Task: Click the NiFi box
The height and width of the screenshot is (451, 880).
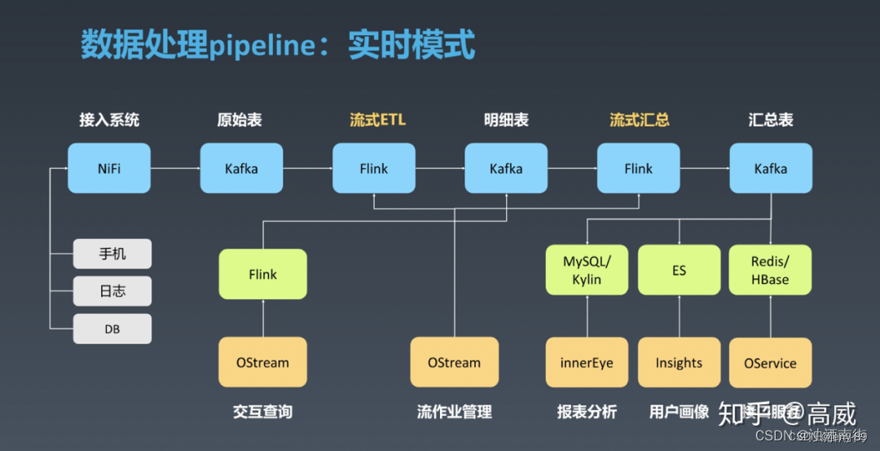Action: [109, 169]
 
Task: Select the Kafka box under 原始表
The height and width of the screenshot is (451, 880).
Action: [241, 169]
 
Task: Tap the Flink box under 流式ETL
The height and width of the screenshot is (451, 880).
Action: [374, 169]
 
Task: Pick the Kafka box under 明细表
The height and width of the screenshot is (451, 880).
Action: [506, 169]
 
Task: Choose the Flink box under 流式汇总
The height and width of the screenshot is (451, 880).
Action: [638, 169]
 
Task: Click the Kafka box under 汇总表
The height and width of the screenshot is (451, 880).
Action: [770, 169]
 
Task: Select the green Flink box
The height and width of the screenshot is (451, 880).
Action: [262, 274]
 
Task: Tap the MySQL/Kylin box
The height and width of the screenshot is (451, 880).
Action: [587, 270]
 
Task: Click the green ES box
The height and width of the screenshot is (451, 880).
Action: [679, 270]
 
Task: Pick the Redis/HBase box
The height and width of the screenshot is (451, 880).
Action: [770, 270]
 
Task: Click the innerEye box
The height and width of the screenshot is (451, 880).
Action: [587, 362]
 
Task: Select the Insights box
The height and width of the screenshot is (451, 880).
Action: [679, 362]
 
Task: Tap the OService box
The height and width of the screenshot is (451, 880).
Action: [770, 362]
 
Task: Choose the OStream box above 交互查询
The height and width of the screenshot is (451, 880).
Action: [262, 362]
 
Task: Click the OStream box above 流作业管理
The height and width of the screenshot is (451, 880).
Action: [454, 362]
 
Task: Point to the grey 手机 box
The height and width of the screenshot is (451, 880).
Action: [112, 254]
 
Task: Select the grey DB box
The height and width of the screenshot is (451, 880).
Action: [112, 329]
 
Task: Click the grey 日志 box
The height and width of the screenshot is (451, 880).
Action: [112, 291]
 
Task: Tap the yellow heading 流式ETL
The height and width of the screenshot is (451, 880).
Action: [377, 120]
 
